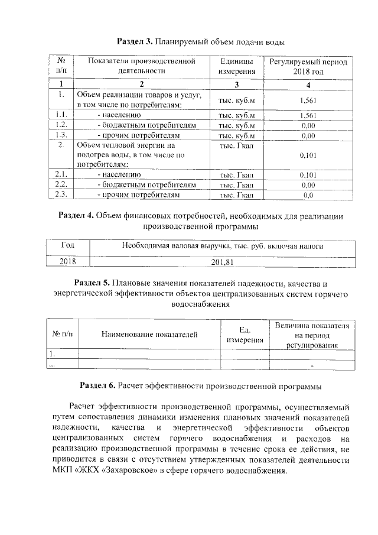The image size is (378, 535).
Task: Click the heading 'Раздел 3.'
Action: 135,43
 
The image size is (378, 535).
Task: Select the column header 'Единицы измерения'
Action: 237,66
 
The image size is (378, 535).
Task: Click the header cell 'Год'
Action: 68,245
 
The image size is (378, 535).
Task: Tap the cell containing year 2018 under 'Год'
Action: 68,261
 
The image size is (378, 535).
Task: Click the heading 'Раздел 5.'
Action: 92,282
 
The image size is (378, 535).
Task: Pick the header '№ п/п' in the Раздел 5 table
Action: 63,335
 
